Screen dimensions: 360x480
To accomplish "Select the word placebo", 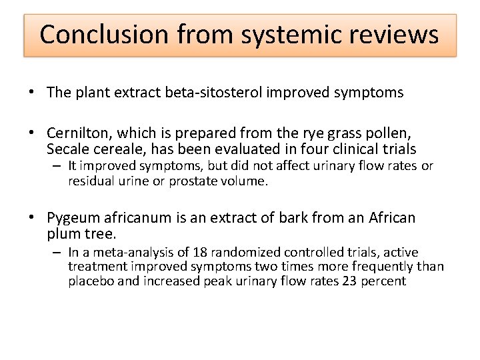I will (91, 281).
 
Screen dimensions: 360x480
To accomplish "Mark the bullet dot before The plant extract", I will (33, 93).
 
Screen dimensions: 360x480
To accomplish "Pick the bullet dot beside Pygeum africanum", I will (33, 219).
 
